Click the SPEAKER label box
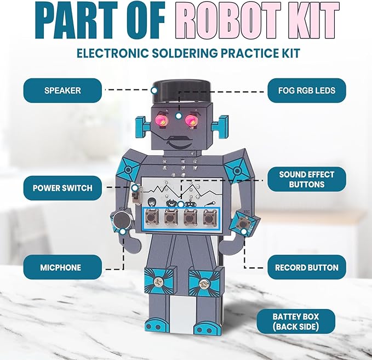tap(62, 90)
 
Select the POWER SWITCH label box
tap(62, 188)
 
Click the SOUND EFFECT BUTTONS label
tap(306, 179)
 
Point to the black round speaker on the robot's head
tap(181, 89)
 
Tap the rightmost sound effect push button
tap(209, 219)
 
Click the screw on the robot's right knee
tap(205, 284)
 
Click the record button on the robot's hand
tap(242, 222)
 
